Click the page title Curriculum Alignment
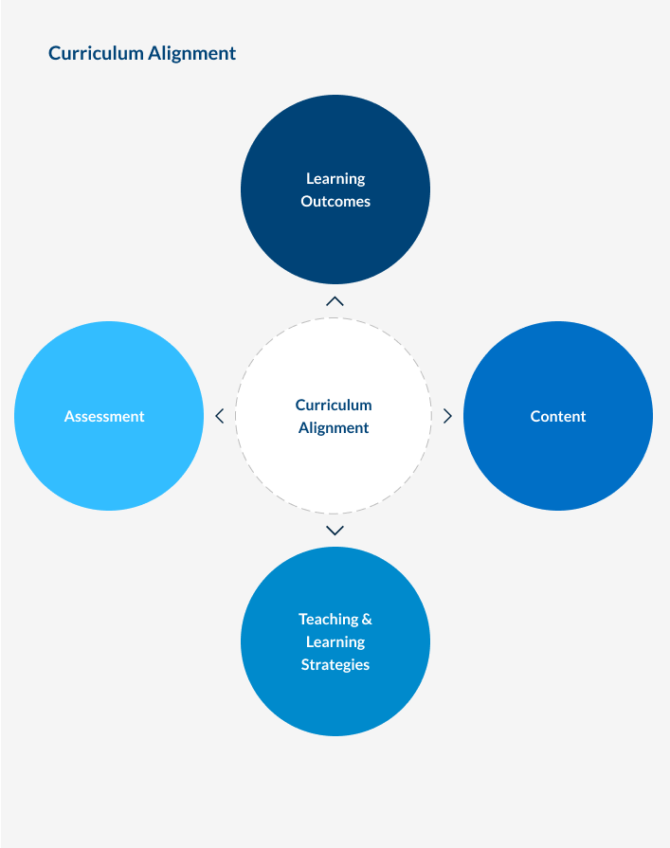point(142,53)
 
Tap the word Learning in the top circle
point(335,178)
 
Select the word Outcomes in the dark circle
point(335,201)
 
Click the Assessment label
point(104,416)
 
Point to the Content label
point(558,416)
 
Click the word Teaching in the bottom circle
point(328,619)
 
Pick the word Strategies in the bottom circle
point(335,664)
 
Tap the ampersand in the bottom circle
point(367,619)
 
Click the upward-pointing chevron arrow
point(335,301)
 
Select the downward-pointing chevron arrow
point(335,531)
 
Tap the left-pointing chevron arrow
point(219,416)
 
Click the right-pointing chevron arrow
point(448,416)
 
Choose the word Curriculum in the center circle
point(334,405)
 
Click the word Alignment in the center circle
point(334,427)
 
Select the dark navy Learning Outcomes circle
point(335,237)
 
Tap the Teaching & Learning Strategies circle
point(335,701)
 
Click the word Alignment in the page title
point(191,53)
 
